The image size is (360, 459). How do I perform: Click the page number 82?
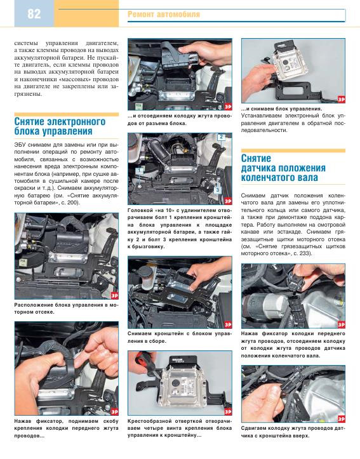(34, 14)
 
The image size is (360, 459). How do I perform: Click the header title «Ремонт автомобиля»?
(164, 14)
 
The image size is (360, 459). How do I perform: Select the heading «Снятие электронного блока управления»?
(60, 126)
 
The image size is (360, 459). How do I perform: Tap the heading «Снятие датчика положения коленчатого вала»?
(283, 168)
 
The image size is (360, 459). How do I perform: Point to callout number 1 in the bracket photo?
(140, 170)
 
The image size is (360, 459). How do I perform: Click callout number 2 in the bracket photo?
(221, 136)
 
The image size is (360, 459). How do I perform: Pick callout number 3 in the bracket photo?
(218, 190)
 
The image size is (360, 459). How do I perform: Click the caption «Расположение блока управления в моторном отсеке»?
(67, 309)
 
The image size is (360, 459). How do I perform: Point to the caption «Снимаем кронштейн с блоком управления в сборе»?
(180, 337)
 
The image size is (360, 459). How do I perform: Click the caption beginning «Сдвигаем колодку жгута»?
(293, 432)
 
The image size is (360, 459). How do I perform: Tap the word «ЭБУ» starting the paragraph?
(20, 145)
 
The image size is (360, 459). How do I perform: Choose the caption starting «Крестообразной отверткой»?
(180, 428)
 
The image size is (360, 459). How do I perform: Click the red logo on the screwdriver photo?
(228, 411)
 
